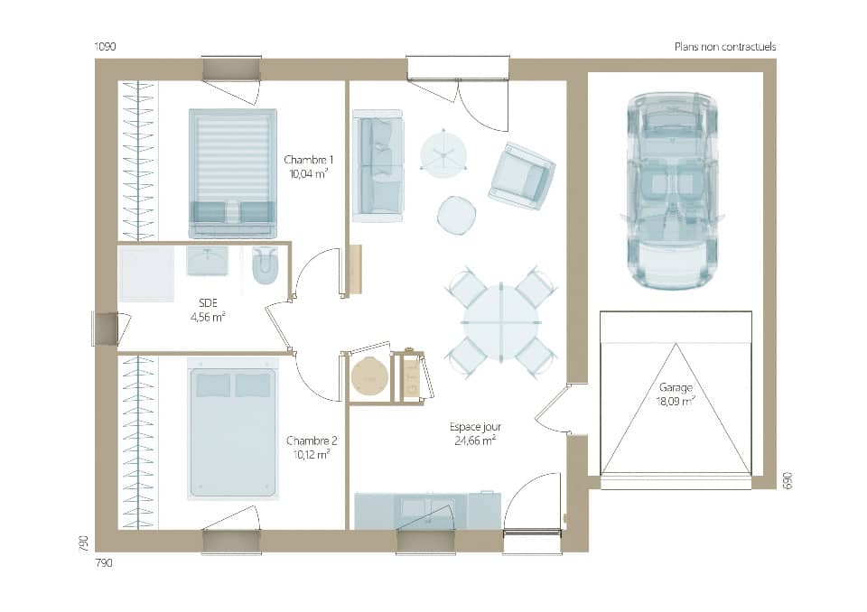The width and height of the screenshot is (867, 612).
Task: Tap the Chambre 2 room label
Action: tap(312, 447)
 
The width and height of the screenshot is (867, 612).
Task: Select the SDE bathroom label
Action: tap(208, 310)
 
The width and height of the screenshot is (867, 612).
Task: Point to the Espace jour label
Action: tap(475, 433)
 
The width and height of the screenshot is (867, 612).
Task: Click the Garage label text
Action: tap(676, 394)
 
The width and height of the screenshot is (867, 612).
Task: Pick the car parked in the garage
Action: tap(673, 190)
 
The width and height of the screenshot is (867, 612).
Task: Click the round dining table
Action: tap(501, 322)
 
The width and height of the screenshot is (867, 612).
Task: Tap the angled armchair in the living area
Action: tap(521, 175)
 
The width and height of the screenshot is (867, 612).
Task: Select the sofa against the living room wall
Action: tap(378, 165)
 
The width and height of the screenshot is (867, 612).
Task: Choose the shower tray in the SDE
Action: tap(146, 274)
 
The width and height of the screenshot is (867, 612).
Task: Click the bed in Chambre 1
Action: tap(232, 172)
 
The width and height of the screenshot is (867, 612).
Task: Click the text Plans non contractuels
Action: tap(724, 46)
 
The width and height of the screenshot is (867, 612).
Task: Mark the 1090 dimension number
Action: tap(107, 46)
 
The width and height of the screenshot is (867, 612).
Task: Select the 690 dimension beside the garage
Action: tap(787, 480)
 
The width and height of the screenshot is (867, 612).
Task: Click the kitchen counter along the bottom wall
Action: tap(427, 510)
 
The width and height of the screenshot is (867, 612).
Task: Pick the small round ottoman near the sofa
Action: tap(457, 214)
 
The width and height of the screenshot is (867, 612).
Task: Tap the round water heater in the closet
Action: tap(369, 375)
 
